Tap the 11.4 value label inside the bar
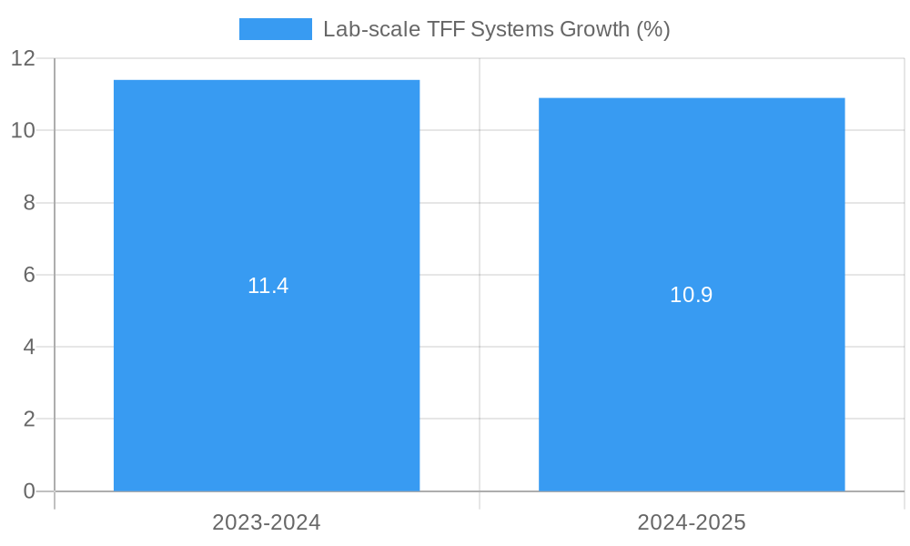point(268,286)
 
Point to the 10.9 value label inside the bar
point(691,295)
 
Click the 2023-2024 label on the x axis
point(267,522)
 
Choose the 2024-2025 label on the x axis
point(692,522)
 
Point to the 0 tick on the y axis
point(29,491)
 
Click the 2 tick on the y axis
point(29,420)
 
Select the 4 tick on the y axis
point(29,347)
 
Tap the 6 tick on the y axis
point(29,275)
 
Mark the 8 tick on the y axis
point(29,203)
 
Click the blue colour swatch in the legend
point(275,29)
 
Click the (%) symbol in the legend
point(653,29)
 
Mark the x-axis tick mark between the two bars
point(480,500)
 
